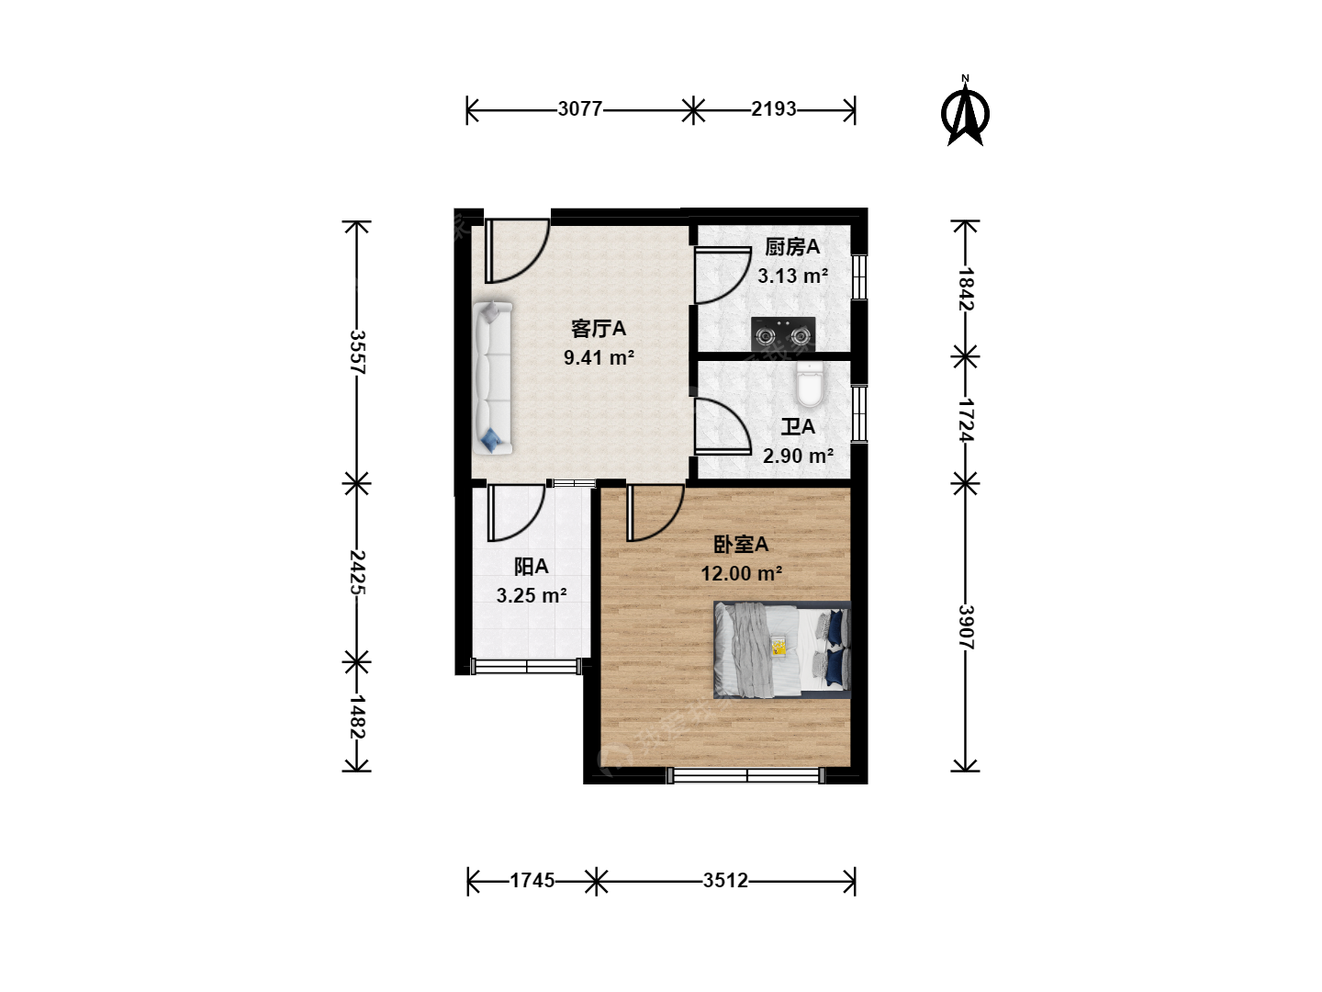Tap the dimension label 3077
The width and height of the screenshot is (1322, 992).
point(580,109)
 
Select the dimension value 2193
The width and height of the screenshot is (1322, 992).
point(773,109)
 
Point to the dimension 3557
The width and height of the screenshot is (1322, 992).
point(358,352)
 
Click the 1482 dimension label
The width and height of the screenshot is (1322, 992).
point(358,716)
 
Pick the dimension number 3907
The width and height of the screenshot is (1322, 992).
point(966,626)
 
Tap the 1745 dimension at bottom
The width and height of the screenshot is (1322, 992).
point(532,881)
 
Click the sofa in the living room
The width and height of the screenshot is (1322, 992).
point(493,378)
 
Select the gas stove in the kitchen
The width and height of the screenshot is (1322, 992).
point(783,334)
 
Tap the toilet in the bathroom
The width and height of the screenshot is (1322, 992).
point(810,384)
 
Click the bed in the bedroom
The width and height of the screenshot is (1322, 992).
point(782,650)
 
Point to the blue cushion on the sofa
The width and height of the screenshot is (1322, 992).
point(491,439)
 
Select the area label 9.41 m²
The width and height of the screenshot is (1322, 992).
point(599,358)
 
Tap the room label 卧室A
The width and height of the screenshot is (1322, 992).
point(741,545)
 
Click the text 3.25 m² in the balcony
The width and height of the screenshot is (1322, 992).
point(532,596)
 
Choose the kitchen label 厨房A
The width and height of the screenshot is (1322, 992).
point(792,247)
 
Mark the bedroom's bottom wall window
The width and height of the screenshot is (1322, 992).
point(745,776)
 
